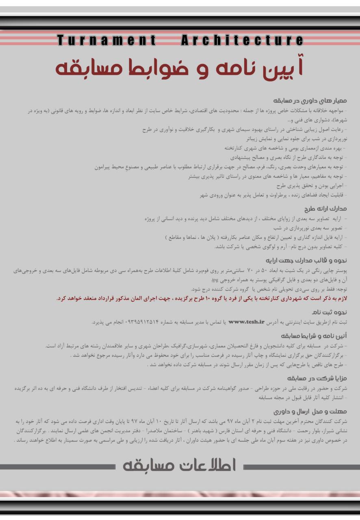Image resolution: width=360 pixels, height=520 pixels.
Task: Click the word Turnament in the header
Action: coord(106,40)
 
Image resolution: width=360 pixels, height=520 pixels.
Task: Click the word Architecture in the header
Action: coord(242,40)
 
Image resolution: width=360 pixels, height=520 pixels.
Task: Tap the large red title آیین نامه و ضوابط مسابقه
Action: coord(179,67)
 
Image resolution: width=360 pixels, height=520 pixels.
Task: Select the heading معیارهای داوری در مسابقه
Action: coord(310,100)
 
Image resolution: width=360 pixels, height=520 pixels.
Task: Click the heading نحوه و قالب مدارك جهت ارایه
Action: coord(306,260)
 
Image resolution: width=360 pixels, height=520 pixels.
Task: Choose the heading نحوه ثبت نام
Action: coord(330,312)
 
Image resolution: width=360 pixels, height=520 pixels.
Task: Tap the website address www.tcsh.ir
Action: coord(247,322)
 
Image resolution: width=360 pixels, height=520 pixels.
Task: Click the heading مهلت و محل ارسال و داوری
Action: coord(310,411)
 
